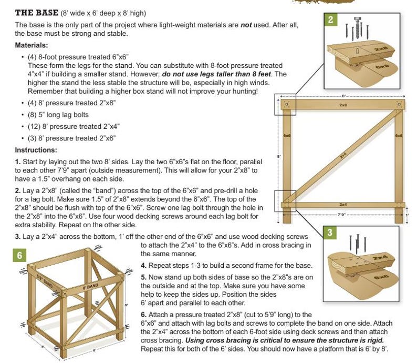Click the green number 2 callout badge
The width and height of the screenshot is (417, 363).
(330, 20)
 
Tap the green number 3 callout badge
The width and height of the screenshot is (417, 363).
(329, 233)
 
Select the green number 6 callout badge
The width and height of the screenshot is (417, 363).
(19, 255)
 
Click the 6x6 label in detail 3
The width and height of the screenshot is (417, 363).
(381, 276)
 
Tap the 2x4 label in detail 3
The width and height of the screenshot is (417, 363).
(379, 258)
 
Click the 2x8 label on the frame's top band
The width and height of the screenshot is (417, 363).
(343, 105)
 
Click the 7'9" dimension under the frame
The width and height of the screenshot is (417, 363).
(342, 215)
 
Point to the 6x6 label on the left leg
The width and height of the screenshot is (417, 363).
(287, 136)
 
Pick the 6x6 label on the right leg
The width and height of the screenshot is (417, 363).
(399, 136)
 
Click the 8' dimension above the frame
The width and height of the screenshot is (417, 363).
(343, 96)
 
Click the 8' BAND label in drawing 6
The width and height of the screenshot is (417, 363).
(91, 286)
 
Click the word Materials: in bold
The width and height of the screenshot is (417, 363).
(32, 45)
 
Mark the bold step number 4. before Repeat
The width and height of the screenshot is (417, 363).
(144, 265)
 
